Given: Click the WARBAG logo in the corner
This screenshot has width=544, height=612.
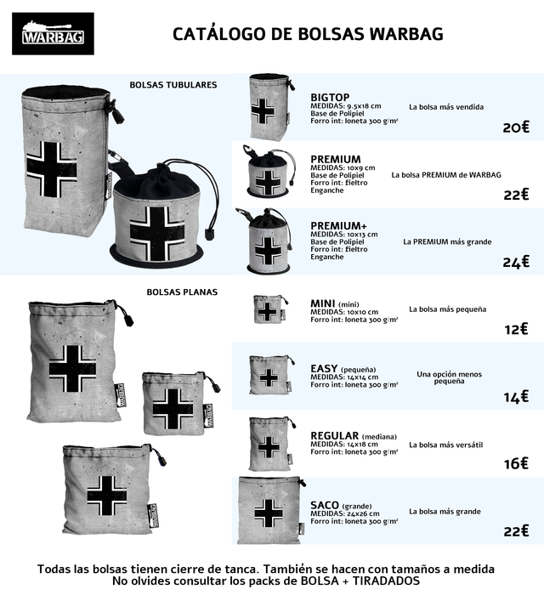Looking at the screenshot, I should [x=58, y=34].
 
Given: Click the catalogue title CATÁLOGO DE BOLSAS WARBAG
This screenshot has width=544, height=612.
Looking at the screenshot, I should [x=308, y=34].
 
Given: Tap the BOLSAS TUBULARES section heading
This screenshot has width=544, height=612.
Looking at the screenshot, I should [x=173, y=85].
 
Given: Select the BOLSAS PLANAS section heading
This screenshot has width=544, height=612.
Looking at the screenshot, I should [x=182, y=292].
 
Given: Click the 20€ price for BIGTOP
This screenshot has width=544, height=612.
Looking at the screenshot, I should [x=515, y=127].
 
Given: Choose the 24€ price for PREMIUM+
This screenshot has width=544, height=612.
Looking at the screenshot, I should [x=515, y=262].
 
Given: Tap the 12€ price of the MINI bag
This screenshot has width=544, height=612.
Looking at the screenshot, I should [x=515, y=329].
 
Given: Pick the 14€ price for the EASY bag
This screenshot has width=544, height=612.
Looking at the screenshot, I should [x=515, y=397].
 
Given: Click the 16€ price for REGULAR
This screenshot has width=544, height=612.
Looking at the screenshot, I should [x=515, y=464].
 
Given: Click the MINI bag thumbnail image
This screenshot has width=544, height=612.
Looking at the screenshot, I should [x=269, y=309].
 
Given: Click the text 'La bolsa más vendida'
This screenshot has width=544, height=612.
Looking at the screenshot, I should [x=446, y=107].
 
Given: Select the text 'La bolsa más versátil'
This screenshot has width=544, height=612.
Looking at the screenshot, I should [x=445, y=445].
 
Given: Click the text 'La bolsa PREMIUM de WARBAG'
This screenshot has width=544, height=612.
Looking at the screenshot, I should [x=446, y=174].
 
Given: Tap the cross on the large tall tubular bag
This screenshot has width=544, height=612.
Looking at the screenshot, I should [x=51, y=167].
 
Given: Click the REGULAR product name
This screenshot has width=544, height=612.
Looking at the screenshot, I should [x=336, y=436].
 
